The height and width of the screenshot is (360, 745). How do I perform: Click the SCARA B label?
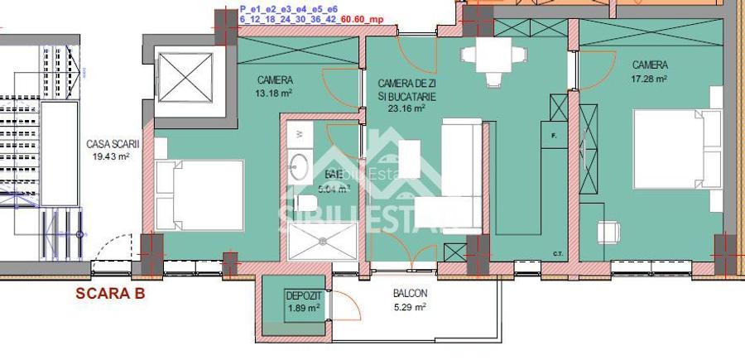pos(110,292)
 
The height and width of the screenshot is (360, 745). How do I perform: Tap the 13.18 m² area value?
pos(274,93)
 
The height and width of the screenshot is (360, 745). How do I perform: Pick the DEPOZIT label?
pos(303,296)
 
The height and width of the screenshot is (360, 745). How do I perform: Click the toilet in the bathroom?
pos(304,203)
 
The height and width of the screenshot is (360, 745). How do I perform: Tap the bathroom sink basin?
pos(300,166)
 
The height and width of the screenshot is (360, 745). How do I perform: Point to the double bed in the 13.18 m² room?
pos(199,194)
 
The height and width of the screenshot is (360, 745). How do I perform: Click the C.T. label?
pos(558,254)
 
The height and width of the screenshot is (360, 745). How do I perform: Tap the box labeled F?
pos(552,133)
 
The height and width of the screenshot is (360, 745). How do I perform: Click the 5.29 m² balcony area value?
pos(409,307)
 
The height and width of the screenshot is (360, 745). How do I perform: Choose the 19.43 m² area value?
pos(108,156)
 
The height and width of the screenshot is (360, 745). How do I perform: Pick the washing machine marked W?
pos(298,132)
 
